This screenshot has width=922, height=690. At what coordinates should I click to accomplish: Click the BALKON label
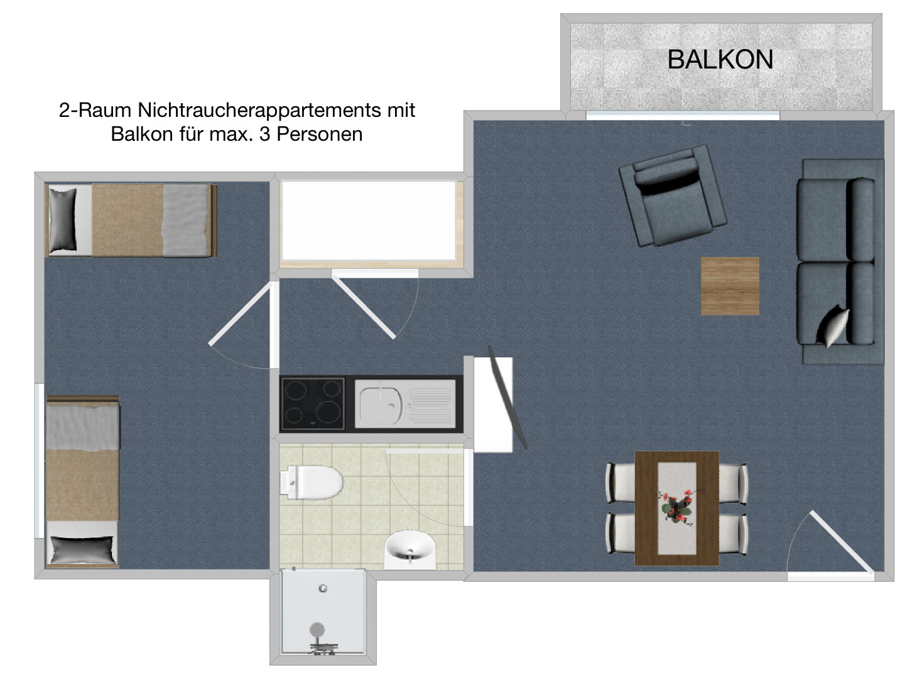tap(720, 59)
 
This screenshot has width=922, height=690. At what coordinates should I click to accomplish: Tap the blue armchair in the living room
tap(673, 196)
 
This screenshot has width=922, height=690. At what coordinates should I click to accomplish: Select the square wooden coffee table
tap(730, 286)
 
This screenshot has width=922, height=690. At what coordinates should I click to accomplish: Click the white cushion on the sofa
tap(833, 326)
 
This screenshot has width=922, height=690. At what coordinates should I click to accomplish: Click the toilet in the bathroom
tap(312, 482)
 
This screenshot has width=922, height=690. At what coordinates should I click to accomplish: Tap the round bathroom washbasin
tap(410, 546)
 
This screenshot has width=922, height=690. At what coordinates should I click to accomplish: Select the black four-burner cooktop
tap(313, 404)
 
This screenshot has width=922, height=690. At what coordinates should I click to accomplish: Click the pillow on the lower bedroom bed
tap(82, 550)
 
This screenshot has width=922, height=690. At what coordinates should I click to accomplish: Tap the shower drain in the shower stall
tap(323, 588)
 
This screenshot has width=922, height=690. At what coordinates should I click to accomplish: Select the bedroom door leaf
tap(241, 314)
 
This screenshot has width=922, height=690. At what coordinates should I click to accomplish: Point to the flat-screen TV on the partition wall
tap(507, 397)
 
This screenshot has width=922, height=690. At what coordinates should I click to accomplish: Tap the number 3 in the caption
tap(264, 134)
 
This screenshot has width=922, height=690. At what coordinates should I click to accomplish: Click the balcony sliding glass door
tap(683, 116)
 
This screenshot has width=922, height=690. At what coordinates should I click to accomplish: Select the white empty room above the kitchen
tap(369, 221)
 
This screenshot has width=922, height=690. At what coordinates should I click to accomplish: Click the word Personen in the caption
tap(320, 134)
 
